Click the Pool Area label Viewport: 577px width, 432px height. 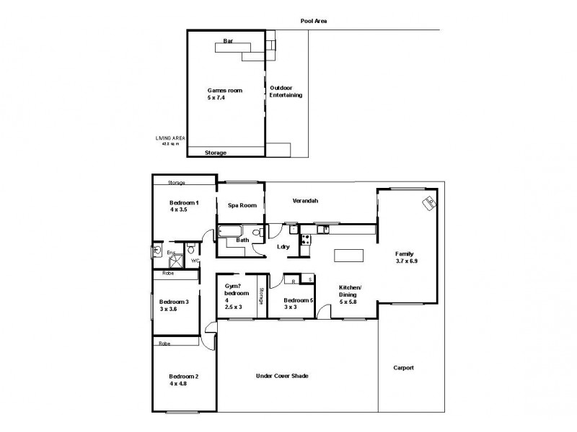314,21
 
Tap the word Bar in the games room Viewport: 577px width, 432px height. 228,40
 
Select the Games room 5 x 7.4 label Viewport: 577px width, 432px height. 224,94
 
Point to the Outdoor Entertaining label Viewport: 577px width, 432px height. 286,91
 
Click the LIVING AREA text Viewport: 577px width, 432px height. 170,138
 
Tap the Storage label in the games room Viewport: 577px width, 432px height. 215,153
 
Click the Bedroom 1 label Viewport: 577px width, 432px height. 183,206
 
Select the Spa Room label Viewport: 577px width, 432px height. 242,205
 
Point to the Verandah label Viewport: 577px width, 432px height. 306,201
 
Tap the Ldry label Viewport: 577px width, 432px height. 283,247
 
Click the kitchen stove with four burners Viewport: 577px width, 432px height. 305,240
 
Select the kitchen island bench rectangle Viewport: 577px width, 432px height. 350,255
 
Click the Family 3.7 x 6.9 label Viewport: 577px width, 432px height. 405,258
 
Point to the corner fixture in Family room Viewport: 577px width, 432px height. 428,203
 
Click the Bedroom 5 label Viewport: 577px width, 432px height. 299,304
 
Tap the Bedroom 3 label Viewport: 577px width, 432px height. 174,305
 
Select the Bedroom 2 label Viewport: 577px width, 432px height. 183,380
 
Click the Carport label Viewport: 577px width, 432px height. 403,368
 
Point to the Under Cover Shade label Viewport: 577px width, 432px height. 283,376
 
